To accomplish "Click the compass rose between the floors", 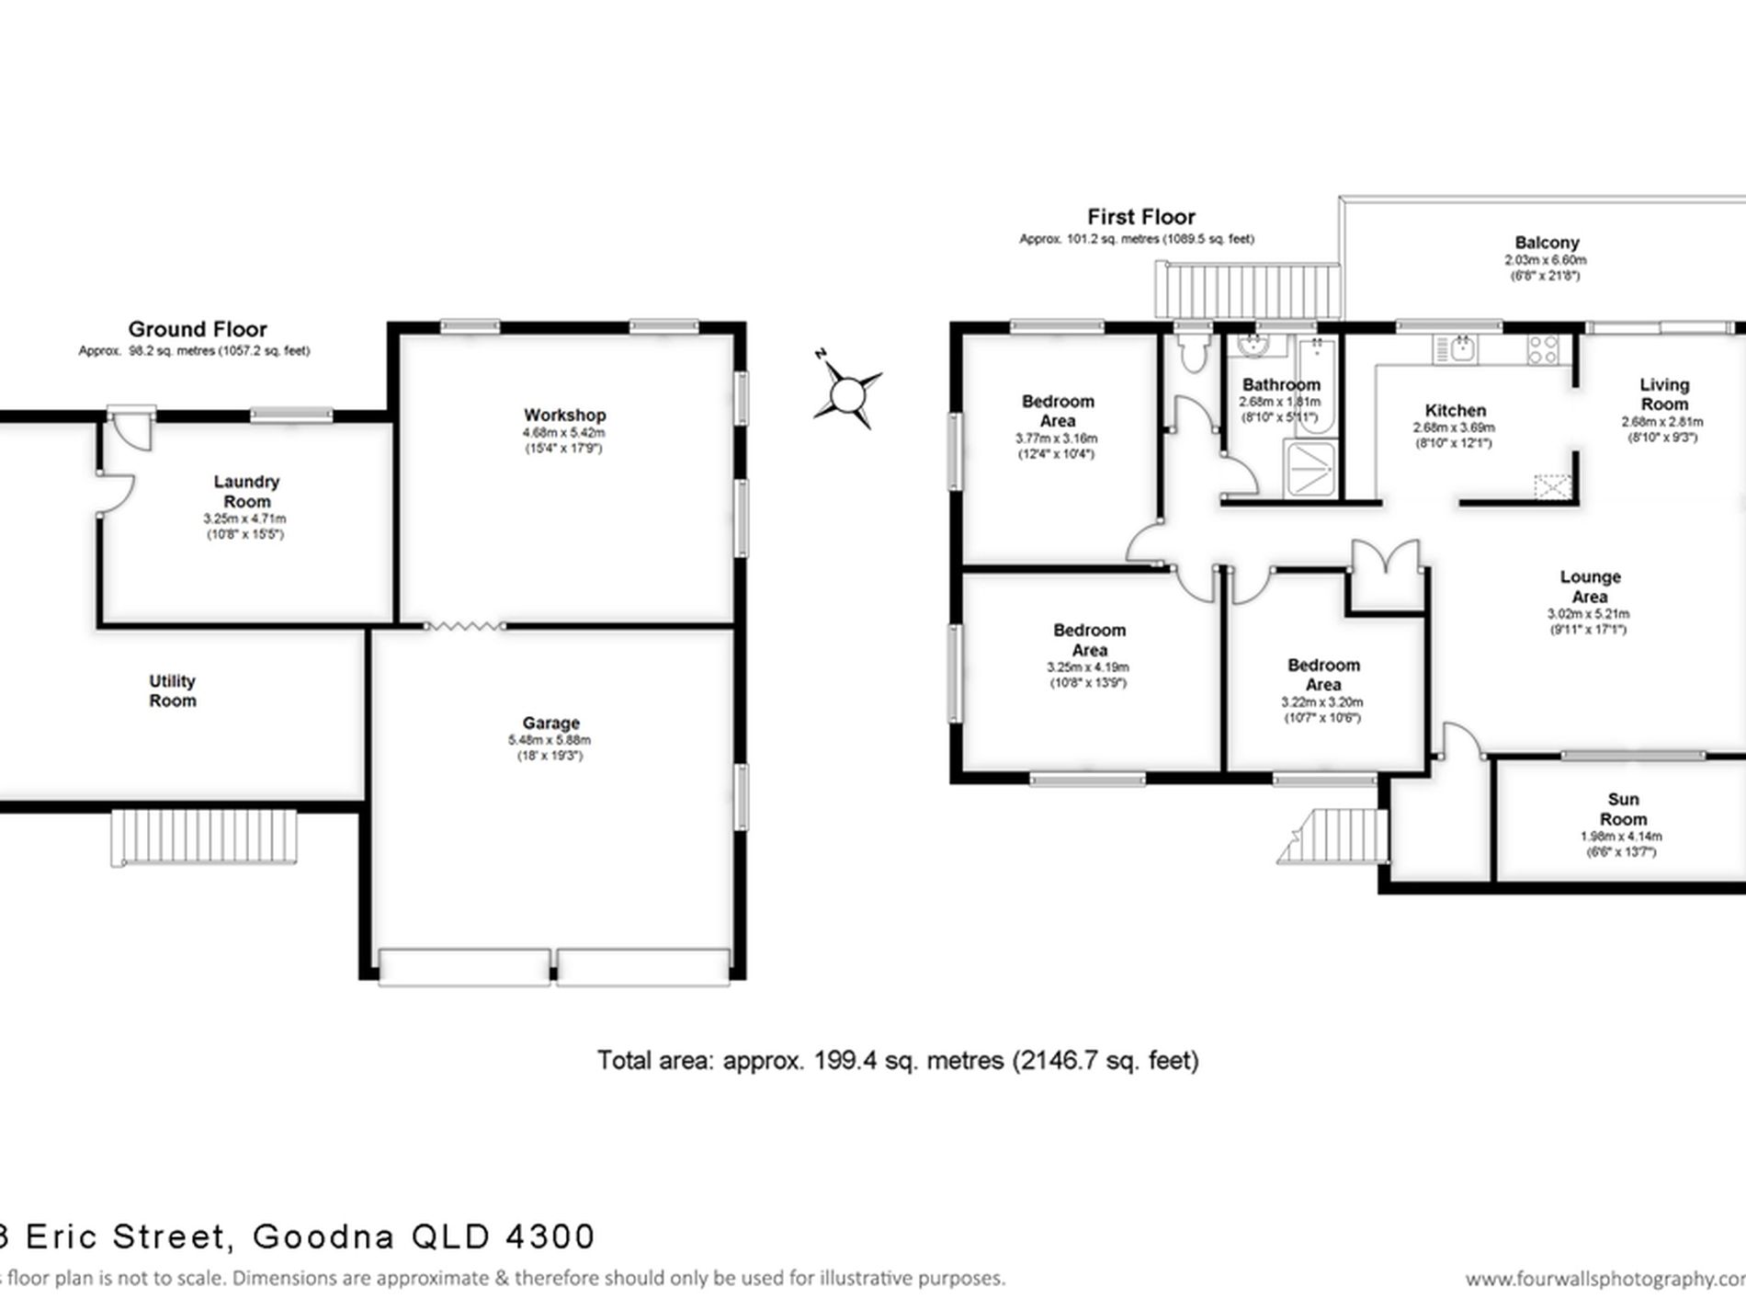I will coord(846,395).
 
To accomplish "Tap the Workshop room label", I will coord(564,416).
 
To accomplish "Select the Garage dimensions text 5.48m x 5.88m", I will coord(550,740).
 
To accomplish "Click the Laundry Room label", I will coord(246,491).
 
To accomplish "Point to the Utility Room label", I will coord(173,690).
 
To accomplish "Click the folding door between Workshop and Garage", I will coord(464,626).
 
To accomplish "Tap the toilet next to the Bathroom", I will coord(1193,353).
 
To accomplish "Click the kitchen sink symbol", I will coord(1455,349).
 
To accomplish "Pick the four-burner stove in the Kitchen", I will coord(1543,349).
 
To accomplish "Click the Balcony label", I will coord(1547,243).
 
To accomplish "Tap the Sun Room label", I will coord(1623,809).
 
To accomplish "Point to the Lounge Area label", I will coord(1590,587).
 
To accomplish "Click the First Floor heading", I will coord(1140,217).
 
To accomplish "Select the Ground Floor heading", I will coord(198,329).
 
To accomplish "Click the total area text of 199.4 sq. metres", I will coord(897,1060).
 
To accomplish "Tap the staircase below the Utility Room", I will coord(204,837).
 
